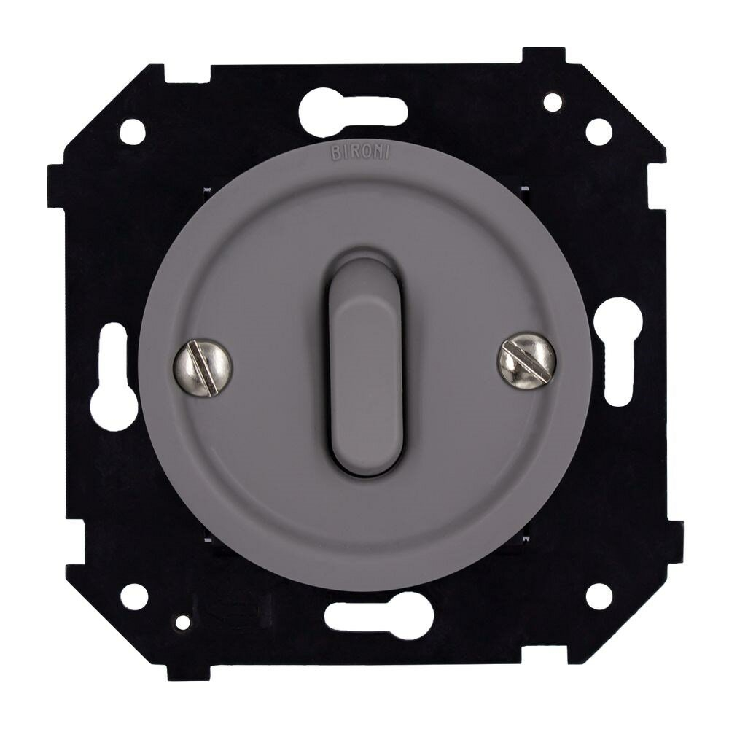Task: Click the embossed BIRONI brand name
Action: [x=360, y=153]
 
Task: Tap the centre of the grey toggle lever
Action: [x=365, y=362]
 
